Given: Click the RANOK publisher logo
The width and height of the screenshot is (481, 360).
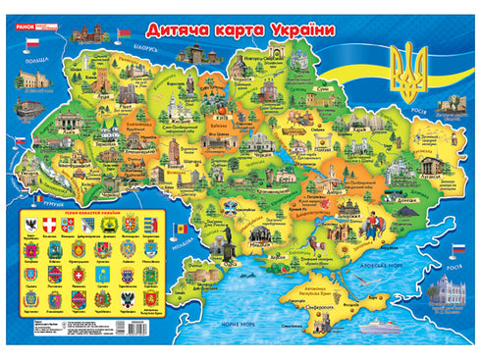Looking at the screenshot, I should point(30,16).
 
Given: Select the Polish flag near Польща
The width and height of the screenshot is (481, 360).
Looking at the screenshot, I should point(30,45).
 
